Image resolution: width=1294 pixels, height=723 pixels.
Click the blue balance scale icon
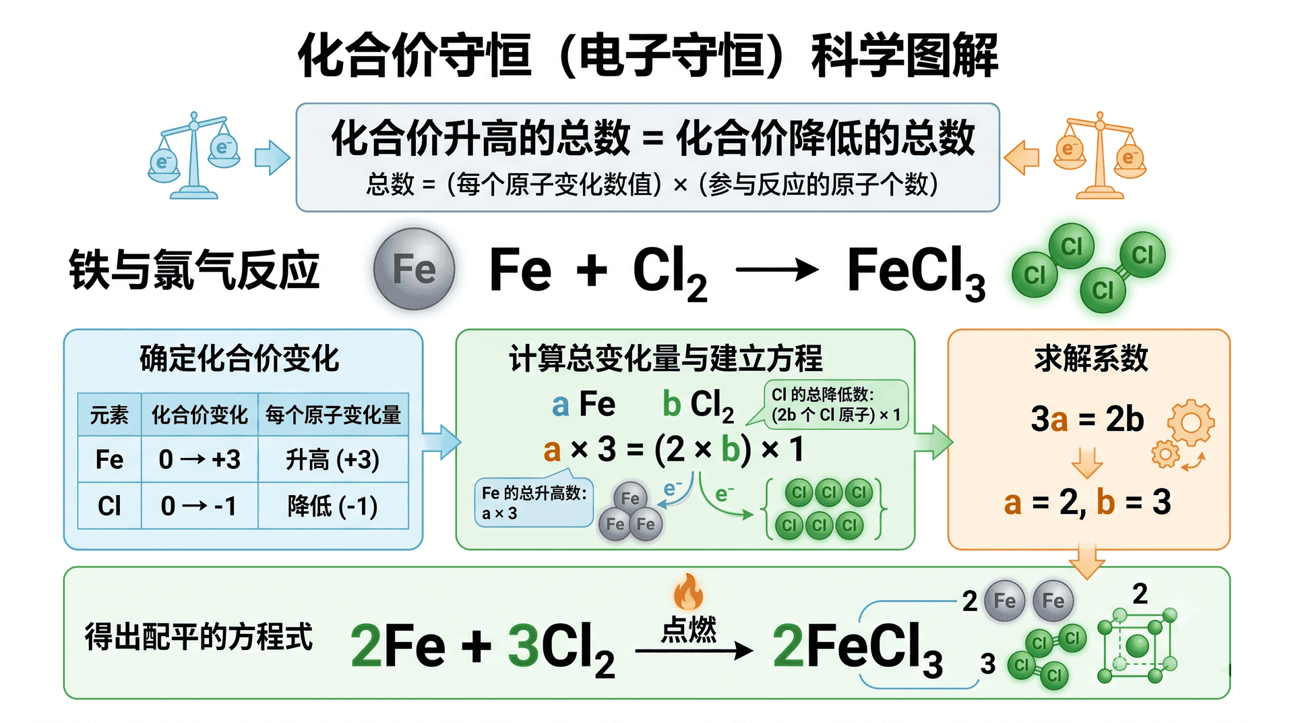pos(194,156)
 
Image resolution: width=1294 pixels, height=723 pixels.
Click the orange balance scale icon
pos(1100,156)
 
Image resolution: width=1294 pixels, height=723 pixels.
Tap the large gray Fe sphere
pos(414,268)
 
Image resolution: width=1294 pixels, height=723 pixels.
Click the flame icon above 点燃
pos(688,592)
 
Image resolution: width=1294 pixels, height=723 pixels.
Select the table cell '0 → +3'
pos(199,459)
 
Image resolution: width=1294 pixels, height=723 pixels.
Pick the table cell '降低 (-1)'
pos(333,506)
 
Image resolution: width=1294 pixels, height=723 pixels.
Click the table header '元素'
pos(109,415)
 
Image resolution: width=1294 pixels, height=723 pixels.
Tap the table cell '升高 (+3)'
pos(333,459)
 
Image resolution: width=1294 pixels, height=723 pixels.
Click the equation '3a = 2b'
pos(1087,419)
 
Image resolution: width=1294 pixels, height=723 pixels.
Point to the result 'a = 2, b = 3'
pos(1087,502)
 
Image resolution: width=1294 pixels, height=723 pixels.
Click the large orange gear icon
pos(1191,422)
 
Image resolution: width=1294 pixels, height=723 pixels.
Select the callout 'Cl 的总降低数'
pos(836,405)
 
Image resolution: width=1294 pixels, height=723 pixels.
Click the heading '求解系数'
pos(1091,357)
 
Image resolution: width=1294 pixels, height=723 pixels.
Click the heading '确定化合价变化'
pos(239,358)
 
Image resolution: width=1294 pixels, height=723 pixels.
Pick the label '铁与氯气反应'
pos(194,270)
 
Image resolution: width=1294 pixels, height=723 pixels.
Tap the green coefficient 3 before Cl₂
pos(523,645)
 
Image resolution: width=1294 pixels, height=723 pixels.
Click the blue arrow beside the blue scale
pos(272,157)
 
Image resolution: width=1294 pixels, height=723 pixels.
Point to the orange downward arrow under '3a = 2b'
pos(1087,463)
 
